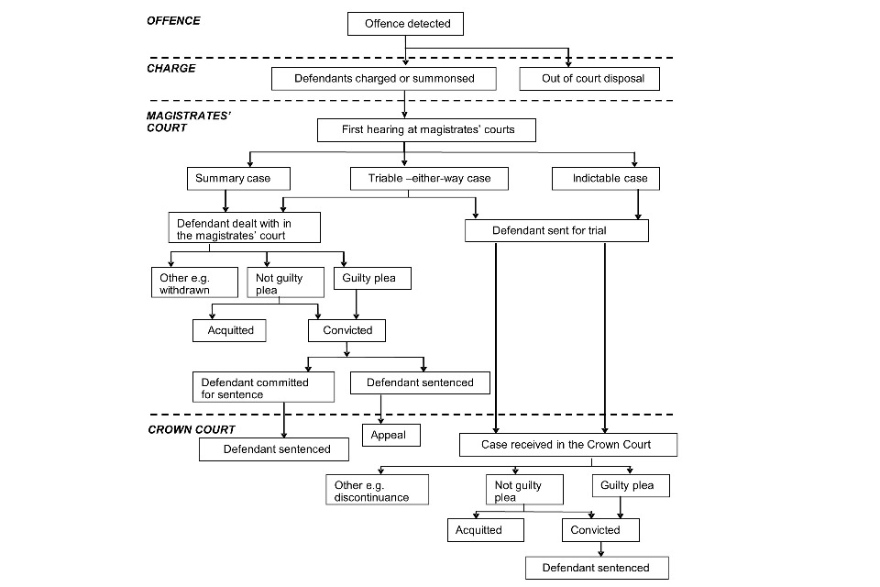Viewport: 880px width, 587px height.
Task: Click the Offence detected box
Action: (x=405, y=24)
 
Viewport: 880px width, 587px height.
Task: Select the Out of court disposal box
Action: (x=589, y=79)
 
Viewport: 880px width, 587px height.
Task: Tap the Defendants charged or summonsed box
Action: (x=384, y=79)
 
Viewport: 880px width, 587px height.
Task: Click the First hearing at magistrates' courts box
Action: (x=426, y=129)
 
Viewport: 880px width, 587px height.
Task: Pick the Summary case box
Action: (x=238, y=179)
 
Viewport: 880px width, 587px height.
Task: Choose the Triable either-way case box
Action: (x=429, y=179)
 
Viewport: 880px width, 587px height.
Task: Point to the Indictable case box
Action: (x=606, y=179)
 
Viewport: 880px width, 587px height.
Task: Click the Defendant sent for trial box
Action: (x=556, y=230)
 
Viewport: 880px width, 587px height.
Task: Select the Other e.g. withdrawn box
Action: (x=194, y=282)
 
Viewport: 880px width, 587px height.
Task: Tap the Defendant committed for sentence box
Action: (x=263, y=387)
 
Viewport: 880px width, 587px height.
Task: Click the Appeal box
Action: (x=391, y=436)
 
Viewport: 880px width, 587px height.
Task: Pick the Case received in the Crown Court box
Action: (x=568, y=445)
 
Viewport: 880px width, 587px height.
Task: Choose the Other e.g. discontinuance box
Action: (x=377, y=490)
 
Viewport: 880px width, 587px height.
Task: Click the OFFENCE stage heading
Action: (x=173, y=21)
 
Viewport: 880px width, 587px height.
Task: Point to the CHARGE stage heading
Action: (x=171, y=69)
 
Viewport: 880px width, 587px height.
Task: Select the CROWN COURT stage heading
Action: (x=192, y=430)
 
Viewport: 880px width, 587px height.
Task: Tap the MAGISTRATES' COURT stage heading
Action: (x=189, y=122)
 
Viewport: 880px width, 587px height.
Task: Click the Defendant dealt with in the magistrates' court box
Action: (x=245, y=227)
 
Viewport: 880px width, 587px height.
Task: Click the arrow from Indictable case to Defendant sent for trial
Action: (x=638, y=205)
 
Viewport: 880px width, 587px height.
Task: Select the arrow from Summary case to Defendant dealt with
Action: (x=225, y=201)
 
